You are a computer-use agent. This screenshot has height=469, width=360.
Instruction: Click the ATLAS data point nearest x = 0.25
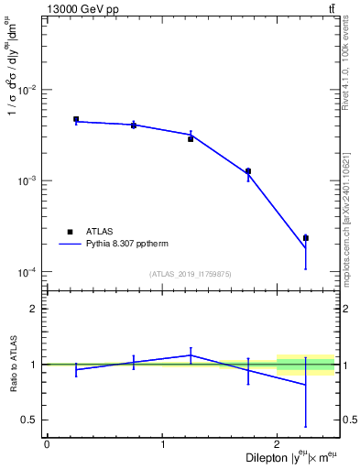[76, 119]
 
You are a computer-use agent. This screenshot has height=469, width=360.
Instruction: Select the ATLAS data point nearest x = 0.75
[134, 125]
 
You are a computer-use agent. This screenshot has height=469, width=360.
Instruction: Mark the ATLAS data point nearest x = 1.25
[191, 138]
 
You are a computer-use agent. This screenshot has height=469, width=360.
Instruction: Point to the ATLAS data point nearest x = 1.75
[248, 171]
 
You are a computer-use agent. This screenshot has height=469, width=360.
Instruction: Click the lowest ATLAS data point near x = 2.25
[306, 238]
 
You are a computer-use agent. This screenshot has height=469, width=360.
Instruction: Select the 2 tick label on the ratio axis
[34, 309]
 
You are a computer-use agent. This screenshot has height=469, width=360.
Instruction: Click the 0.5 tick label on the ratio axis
[30, 420]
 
